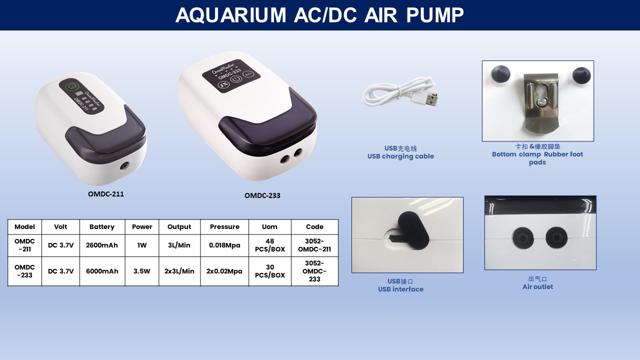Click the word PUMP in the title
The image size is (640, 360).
pyautogui.click(x=435, y=15)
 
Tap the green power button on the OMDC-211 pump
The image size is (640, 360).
pyautogui.click(x=70, y=86)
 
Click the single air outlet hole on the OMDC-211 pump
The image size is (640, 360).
pyautogui.click(x=124, y=166)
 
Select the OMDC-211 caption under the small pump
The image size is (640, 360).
pyautogui.click(x=106, y=194)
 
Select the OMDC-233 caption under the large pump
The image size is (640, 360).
pyautogui.click(x=262, y=195)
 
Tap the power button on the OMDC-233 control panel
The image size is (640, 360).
pyautogui.click(x=236, y=79)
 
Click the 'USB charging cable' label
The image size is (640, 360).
pyautogui.click(x=400, y=156)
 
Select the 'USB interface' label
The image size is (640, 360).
pyautogui.click(x=400, y=289)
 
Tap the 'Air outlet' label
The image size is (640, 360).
pyautogui.click(x=537, y=286)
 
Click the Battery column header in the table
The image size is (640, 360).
pyautogui.click(x=102, y=226)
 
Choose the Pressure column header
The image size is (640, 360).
pyautogui.click(x=224, y=226)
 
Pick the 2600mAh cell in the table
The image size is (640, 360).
pyautogui.click(x=102, y=245)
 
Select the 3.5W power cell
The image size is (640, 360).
pyautogui.click(x=141, y=271)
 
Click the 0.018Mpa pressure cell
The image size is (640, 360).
pyautogui.click(x=224, y=245)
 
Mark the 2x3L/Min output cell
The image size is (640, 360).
pyautogui.click(x=179, y=271)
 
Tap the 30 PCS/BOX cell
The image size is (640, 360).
pyautogui.click(x=269, y=271)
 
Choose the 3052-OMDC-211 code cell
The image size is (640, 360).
pyautogui.click(x=314, y=245)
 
